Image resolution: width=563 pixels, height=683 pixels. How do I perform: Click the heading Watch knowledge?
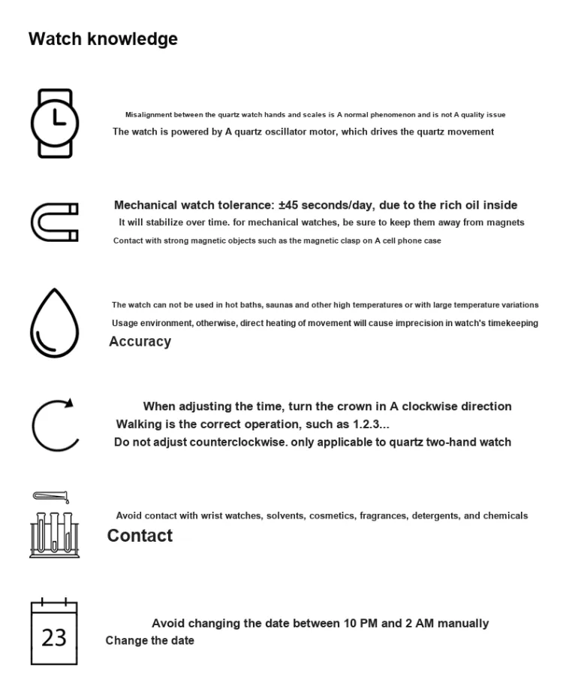pos(103,39)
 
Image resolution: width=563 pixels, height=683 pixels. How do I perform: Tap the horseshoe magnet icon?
pos(54,222)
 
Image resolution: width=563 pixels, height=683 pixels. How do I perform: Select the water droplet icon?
pos(54,324)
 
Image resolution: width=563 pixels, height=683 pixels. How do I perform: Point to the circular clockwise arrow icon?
pos(54,425)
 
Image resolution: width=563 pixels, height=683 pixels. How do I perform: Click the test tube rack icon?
pos(54,530)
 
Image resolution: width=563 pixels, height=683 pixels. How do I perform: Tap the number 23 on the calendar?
pos(54,638)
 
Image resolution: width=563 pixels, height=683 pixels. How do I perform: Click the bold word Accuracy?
pos(140,342)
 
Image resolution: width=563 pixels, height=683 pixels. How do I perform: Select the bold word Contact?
pos(140,536)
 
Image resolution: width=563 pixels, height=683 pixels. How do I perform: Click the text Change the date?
pos(149,641)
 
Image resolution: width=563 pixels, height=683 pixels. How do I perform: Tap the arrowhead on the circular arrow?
pos(69,403)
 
